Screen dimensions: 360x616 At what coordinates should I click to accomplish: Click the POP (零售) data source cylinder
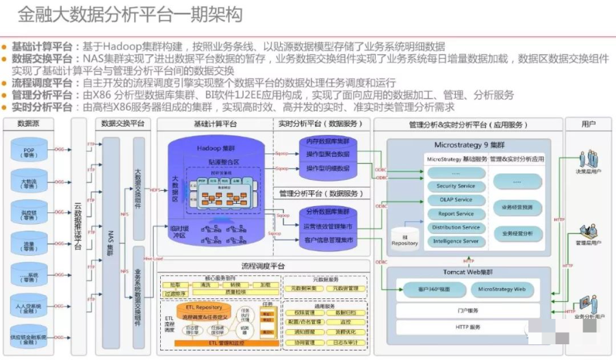29,152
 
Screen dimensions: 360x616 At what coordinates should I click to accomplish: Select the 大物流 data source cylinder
29,183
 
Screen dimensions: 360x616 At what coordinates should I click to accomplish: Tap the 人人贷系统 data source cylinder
29,305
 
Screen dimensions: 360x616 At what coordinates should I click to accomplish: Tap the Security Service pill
455,186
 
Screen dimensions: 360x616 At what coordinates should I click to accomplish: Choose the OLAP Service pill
455,200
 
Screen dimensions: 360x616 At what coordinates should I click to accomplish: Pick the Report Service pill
455,214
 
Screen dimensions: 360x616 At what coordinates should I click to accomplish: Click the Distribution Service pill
455,227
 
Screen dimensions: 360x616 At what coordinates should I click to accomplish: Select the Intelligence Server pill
455,241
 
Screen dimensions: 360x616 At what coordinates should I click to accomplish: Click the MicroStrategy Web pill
502,290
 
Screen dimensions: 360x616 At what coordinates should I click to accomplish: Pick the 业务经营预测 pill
521,206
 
